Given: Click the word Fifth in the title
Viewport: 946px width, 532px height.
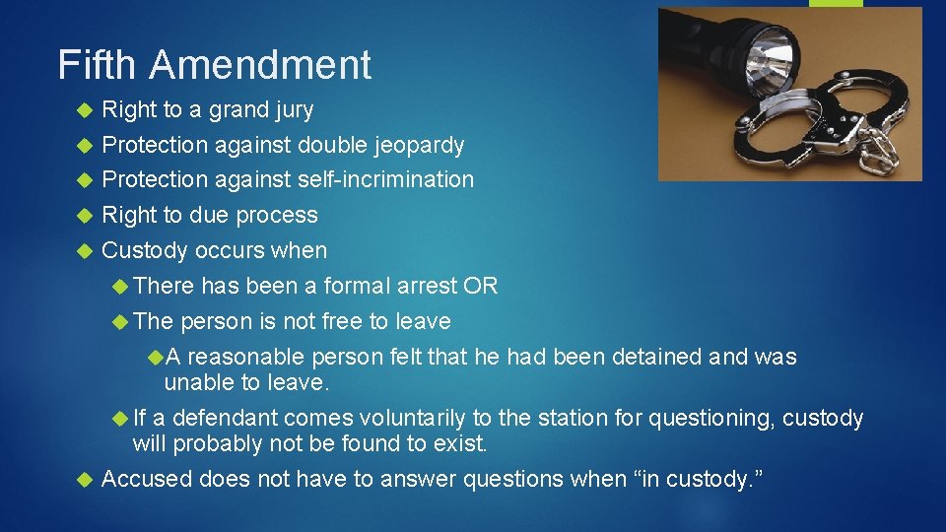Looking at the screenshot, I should point(94,65).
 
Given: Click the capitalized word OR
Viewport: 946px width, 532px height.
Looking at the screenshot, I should point(482,286).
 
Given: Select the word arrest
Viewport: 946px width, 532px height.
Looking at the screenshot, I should point(430,286).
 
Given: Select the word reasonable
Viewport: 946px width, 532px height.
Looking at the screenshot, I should point(246,357).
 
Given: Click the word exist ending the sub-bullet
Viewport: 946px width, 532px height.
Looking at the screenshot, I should point(463,443).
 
